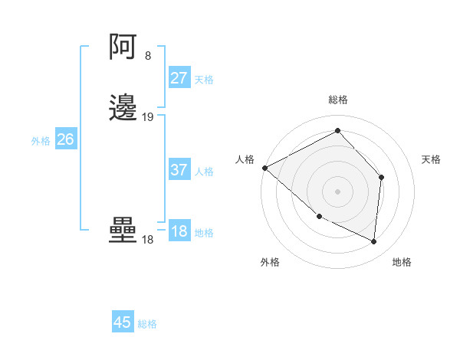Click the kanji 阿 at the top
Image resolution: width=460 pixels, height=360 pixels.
point(123,47)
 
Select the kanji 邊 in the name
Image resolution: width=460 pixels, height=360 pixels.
point(123,108)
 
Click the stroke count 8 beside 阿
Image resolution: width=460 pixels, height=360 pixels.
point(148,56)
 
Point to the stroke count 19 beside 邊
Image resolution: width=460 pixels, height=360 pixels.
point(148,117)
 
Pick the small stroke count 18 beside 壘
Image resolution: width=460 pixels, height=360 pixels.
point(148,240)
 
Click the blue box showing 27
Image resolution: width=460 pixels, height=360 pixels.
point(179,78)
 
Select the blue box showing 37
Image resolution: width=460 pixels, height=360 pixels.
point(179,170)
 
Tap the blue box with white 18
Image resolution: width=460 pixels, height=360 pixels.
point(179,231)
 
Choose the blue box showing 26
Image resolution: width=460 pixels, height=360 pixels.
point(66,139)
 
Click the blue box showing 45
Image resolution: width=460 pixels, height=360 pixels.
point(123,322)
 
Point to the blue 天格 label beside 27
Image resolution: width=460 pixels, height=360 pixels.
point(204,80)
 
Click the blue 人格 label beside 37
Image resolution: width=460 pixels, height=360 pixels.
point(204,172)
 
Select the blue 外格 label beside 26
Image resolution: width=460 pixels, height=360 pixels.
point(41,141)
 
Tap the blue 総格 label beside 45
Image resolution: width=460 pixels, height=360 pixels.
point(147,324)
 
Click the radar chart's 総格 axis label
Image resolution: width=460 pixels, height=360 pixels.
point(338,100)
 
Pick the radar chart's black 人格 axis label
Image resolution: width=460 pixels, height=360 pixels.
point(245,159)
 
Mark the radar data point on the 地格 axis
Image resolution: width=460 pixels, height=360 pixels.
point(374,242)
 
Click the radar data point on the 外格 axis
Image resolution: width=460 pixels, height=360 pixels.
point(319,217)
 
